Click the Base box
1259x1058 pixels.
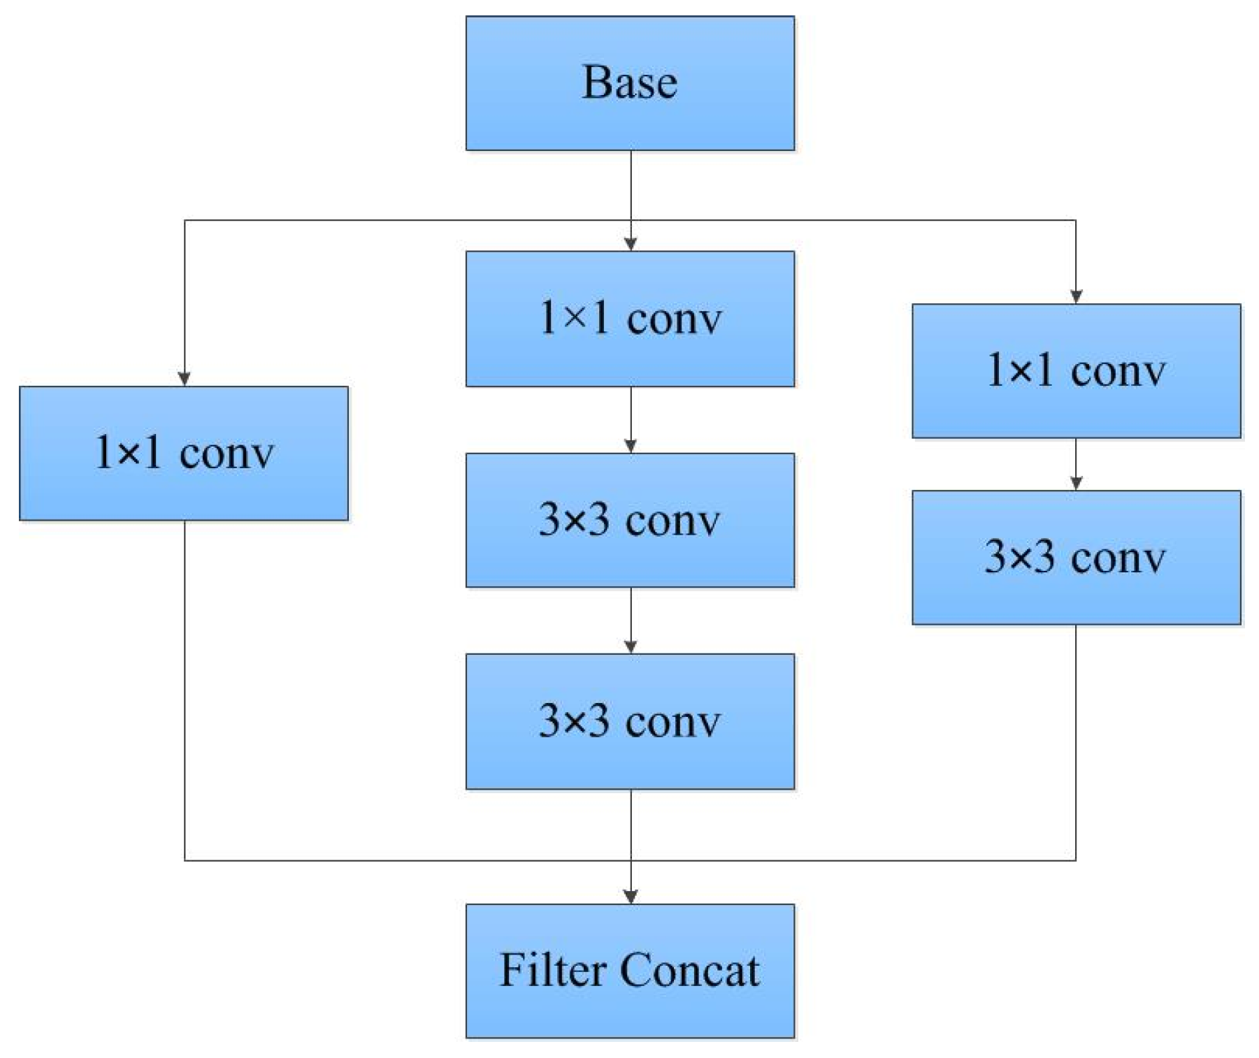pos(630,83)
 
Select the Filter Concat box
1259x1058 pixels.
pos(630,970)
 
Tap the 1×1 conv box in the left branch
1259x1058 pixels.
pos(184,453)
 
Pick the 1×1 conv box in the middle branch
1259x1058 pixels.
pos(630,319)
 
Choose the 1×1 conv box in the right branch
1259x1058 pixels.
pos(1076,371)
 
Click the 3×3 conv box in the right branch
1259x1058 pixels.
pos(1076,557)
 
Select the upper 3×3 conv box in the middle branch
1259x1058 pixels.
pos(630,520)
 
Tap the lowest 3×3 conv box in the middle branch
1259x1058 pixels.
pos(630,721)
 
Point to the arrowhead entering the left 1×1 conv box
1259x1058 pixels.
pos(185,379)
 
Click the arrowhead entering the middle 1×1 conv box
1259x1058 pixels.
pos(631,244)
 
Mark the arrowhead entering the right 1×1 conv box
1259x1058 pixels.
pos(1076,296)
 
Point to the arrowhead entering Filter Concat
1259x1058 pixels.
pos(631,897)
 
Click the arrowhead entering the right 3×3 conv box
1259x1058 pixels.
pos(1076,483)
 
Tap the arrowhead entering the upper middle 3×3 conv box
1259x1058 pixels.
pos(631,446)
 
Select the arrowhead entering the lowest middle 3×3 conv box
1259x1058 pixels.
pos(631,646)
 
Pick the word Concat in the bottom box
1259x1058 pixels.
pos(689,970)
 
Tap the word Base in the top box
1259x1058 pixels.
pos(630,83)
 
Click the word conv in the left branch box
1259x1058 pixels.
pos(226,454)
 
